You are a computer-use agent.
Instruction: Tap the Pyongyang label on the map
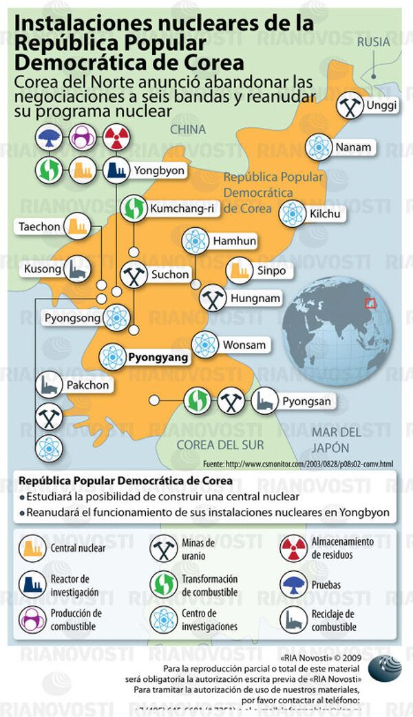point(158,357)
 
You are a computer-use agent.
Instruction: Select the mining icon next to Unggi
point(350,106)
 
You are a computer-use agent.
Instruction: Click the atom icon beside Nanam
point(319,147)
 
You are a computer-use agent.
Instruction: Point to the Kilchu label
point(325,213)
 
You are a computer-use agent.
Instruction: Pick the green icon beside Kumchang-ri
point(133,208)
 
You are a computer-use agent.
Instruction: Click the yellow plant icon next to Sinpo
point(239,270)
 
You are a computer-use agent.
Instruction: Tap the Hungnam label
point(255,299)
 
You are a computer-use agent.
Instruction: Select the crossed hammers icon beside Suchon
point(133,275)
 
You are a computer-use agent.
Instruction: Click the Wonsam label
point(244,344)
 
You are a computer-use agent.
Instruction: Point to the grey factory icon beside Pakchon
point(48,385)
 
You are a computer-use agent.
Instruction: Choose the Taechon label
point(39,226)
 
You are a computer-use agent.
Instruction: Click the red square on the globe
point(370,303)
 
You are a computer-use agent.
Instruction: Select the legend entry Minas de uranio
point(199,548)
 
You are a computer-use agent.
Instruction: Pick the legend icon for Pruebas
point(294,585)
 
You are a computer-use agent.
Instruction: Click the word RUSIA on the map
point(373,41)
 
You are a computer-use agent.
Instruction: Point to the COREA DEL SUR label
point(211,445)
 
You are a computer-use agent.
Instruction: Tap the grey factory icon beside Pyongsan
point(264,401)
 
